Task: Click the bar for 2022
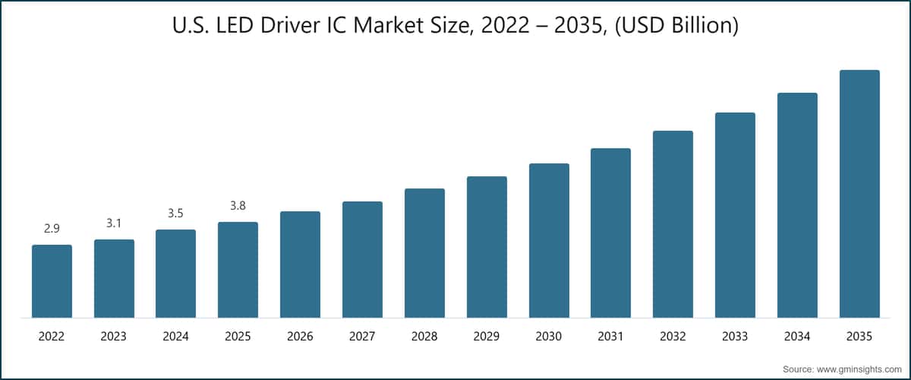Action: click(x=52, y=281)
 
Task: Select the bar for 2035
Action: click(x=859, y=194)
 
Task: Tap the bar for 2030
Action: click(x=549, y=240)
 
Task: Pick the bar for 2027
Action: click(x=362, y=259)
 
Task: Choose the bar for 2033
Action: click(x=735, y=215)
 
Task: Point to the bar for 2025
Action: click(x=238, y=270)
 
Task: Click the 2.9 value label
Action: click(x=52, y=228)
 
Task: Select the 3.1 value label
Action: click(x=114, y=223)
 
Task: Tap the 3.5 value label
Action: click(x=175, y=213)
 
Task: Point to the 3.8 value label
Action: click(x=238, y=205)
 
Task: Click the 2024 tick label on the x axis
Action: click(x=175, y=335)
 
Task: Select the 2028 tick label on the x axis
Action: click(x=424, y=335)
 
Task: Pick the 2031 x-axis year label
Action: click(x=611, y=335)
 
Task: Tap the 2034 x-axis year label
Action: click(x=797, y=335)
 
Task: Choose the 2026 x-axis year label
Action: click(x=300, y=335)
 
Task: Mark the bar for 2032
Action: click(x=673, y=224)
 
